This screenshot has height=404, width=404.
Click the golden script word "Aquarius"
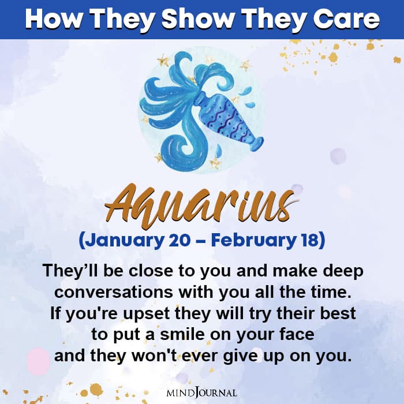coord(202,203)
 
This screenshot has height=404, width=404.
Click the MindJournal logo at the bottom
coord(202,392)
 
